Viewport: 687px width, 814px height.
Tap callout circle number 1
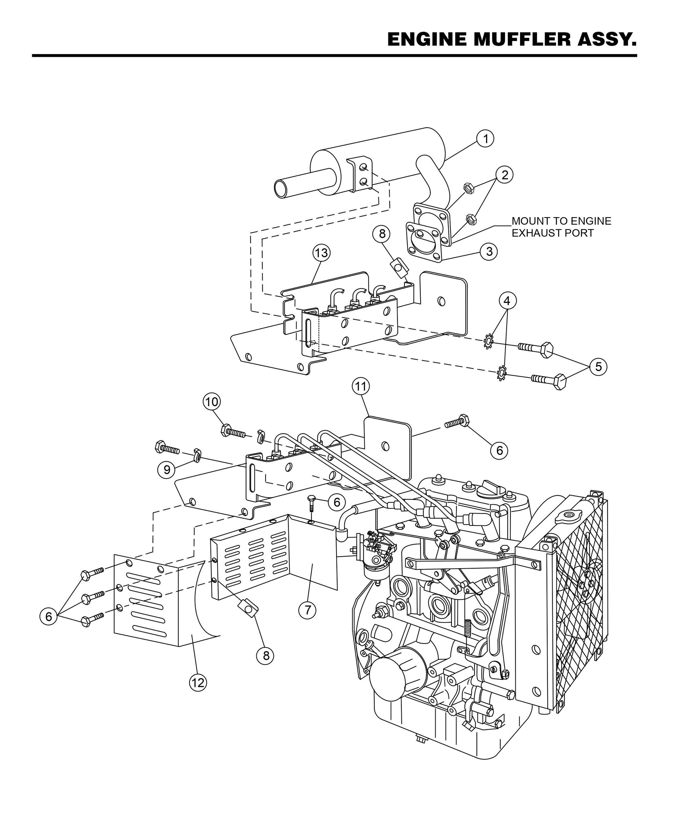click(x=485, y=138)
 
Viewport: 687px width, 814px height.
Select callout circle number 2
click(x=504, y=175)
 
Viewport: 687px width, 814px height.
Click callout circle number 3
click(x=489, y=251)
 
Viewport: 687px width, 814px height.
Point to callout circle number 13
click(x=321, y=253)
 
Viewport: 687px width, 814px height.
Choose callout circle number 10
click(x=211, y=402)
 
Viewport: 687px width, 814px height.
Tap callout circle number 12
click(x=198, y=682)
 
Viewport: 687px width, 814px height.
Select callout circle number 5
click(x=598, y=367)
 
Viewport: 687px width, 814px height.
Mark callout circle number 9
click(x=166, y=470)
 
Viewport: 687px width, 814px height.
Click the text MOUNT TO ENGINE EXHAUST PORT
click(x=561, y=227)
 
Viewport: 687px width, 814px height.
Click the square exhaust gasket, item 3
click(x=424, y=243)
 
